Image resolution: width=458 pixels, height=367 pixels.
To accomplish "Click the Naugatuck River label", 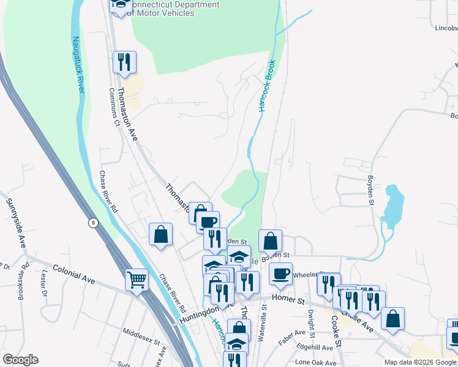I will [78, 65].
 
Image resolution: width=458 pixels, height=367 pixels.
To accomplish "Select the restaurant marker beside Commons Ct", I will [124, 62].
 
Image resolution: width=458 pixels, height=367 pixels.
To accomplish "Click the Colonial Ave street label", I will [73, 273].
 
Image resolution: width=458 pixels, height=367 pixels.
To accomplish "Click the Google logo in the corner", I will [20, 360].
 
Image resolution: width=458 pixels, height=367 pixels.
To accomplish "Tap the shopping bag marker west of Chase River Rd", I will [160, 234].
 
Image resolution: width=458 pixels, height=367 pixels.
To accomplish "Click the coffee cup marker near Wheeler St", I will [281, 274].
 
